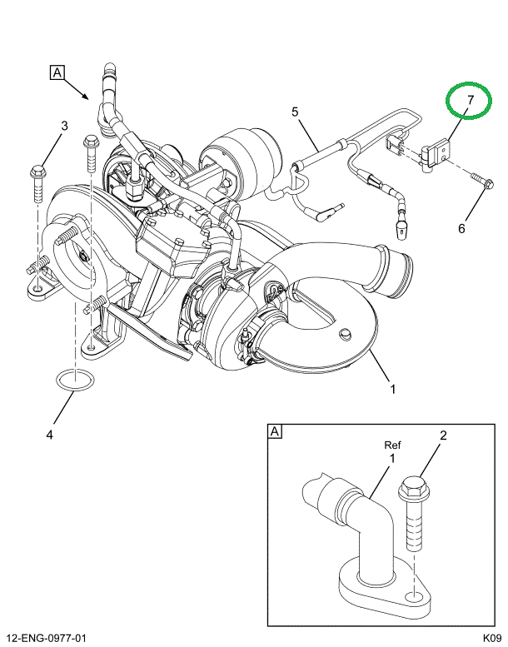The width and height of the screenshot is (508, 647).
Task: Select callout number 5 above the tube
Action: point(294,112)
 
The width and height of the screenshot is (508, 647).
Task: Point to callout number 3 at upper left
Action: point(63,127)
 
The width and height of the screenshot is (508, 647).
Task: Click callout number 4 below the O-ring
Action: point(49,434)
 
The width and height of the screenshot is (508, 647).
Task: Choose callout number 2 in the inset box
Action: point(443,435)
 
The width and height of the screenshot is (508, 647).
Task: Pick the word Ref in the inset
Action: point(392,445)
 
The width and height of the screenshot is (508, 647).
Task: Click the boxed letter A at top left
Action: point(57,72)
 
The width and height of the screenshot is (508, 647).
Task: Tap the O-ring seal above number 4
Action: point(72,382)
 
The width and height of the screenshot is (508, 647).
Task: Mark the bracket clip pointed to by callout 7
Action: point(436,155)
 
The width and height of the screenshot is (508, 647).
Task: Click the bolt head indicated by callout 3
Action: point(38,173)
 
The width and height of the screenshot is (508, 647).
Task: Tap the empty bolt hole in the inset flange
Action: point(414,596)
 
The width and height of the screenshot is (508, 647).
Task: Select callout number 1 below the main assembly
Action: point(392,388)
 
